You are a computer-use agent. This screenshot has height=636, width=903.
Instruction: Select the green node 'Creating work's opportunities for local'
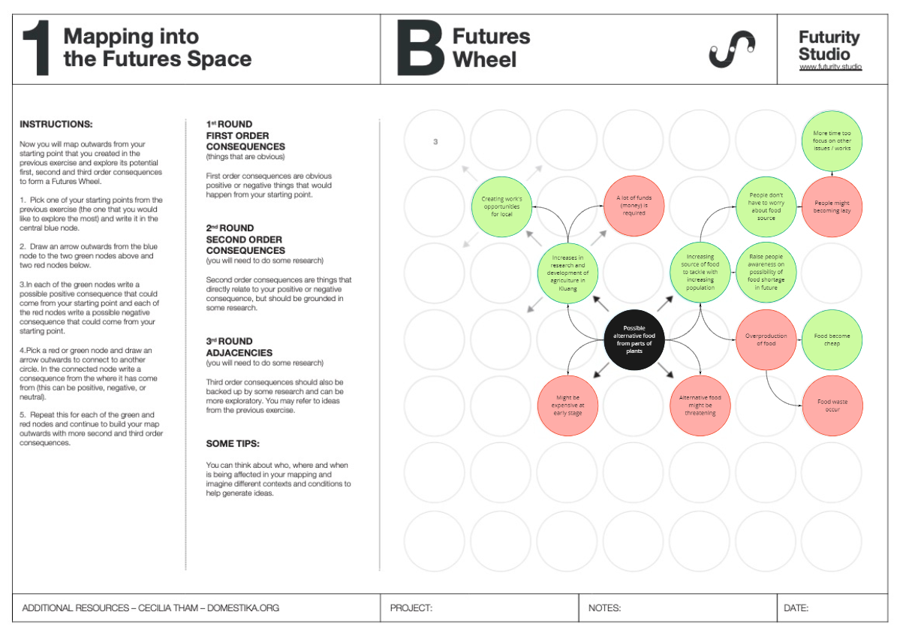pos(501,206)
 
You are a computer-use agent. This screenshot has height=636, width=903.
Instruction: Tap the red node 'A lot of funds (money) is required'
pos(634,206)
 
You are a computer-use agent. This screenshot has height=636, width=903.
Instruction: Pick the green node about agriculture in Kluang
pos(567,273)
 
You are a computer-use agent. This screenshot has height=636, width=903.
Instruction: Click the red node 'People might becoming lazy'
pos(832,206)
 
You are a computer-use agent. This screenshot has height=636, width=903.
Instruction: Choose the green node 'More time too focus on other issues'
pos(832,140)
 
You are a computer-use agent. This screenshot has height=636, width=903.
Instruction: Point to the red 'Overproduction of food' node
pos(766,339)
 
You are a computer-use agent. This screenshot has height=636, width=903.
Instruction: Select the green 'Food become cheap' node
pos(832,339)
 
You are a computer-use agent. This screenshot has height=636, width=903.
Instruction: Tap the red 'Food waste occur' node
pos(832,405)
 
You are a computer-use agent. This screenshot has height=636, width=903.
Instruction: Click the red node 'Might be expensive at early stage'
pos(567,405)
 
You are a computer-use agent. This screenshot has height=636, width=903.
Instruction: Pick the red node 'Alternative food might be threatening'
pos(700,405)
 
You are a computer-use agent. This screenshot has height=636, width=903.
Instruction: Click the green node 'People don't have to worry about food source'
pos(766,206)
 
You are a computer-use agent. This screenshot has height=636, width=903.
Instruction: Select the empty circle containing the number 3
pos(435,140)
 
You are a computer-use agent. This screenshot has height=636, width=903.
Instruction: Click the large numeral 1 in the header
pos(37,49)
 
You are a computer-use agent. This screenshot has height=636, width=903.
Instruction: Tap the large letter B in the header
pos(420,49)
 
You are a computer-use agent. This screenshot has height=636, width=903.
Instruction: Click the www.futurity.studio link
pos(830,68)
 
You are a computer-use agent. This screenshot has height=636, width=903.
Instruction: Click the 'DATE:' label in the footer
pos(796,608)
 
